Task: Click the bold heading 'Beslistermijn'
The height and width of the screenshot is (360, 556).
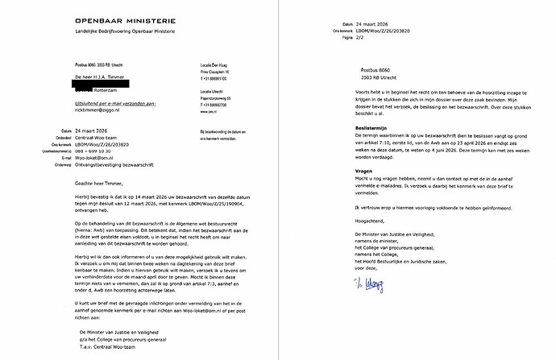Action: [x=372, y=127]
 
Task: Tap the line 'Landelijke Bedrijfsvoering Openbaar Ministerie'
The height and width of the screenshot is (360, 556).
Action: [x=114, y=31]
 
